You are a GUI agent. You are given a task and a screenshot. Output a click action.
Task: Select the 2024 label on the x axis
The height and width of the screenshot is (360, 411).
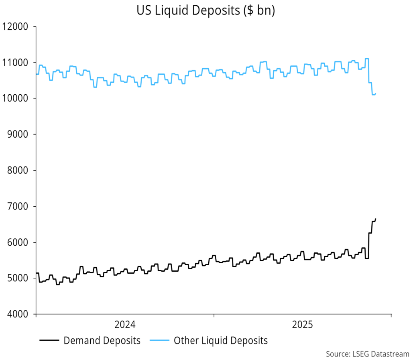[125, 325]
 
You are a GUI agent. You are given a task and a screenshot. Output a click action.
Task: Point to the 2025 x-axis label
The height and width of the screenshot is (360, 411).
[303, 325]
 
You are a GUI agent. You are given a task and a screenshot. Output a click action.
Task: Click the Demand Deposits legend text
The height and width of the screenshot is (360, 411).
[102, 341]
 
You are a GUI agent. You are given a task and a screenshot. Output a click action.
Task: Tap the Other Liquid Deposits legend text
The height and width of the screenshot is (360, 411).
[220, 341]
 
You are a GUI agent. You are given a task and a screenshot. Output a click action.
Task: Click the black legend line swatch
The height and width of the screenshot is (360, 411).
[50, 341]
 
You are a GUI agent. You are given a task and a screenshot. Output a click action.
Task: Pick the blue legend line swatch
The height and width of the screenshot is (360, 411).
[159, 341]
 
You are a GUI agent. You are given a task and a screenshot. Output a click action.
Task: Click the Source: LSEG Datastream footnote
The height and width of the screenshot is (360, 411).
[367, 354]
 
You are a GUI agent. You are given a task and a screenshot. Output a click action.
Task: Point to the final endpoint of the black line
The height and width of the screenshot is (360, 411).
[376, 219]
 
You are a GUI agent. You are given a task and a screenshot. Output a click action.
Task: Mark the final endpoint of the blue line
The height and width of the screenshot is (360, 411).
[376, 94]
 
